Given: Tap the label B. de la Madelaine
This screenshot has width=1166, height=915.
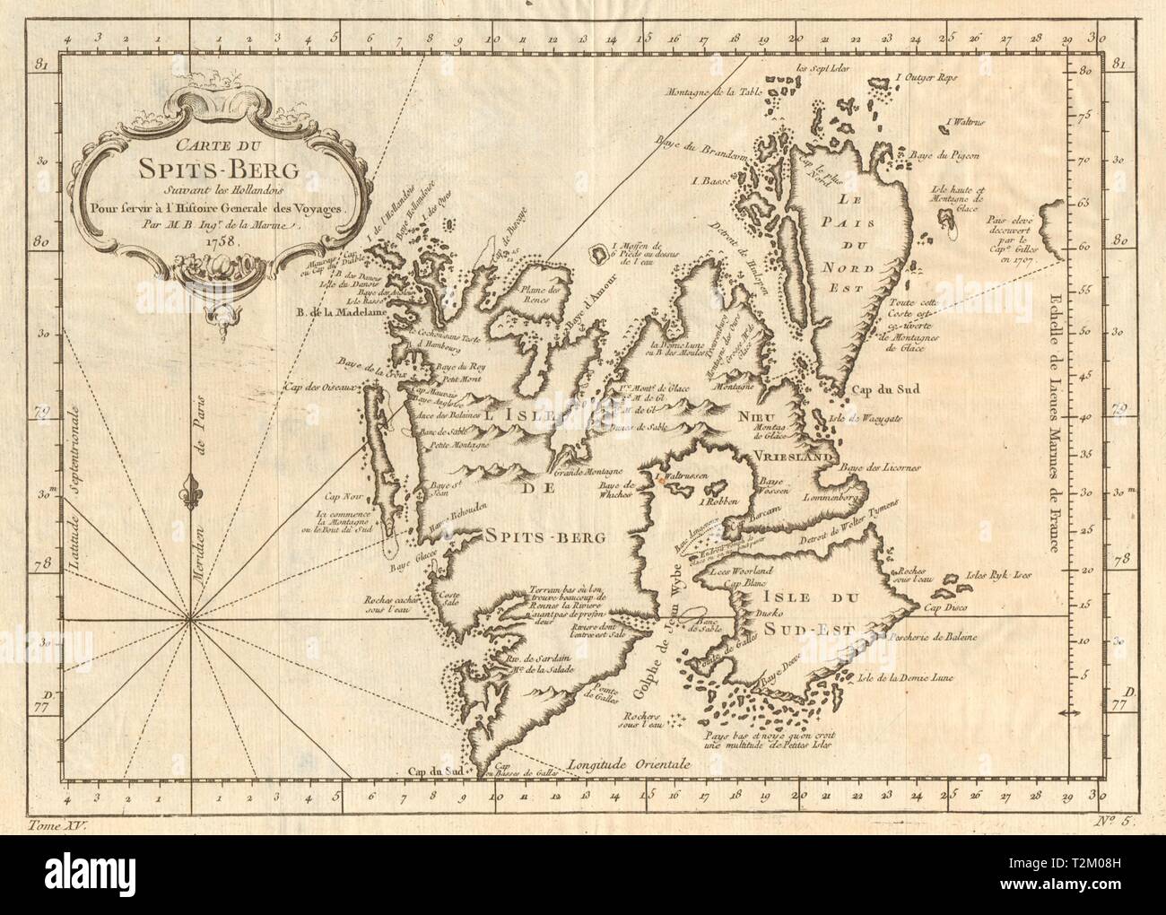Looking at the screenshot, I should click(x=340, y=313).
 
